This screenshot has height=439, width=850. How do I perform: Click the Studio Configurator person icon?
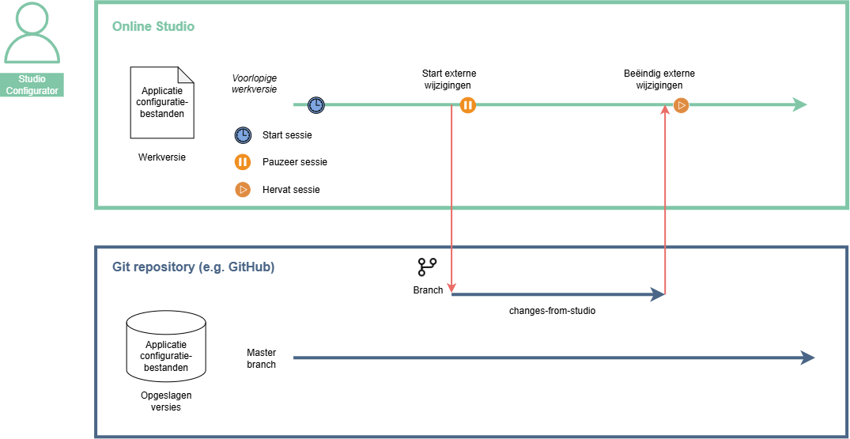pyautogui.click(x=32, y=32)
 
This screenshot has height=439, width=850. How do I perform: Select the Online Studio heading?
pyautogui.click(x=153, y=26)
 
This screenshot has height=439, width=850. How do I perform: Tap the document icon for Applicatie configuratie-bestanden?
pyautogui.click(x=162, y=102)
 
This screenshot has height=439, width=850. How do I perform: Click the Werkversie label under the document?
pyautogui.click(x=162, y=157)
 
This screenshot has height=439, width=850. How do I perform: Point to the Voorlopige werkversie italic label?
pyautogui.click(x=255, y=84)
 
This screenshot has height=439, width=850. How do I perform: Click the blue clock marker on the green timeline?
pyautogui.click(x=316, y=105)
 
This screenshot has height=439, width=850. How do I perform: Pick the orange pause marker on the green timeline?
pyautogui.click(x=468, y=105)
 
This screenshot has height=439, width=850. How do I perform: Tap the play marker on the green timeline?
pyautogui.click(x=682, y=105)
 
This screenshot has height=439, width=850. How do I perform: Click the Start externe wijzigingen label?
pyautogui.click(x=449, y=79)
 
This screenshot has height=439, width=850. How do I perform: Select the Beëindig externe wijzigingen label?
pyautogui.click(x=659, y=79)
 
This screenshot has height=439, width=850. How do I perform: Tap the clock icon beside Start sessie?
pyautogui.click(x=243, y=135)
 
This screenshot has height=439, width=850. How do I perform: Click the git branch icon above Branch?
pyautogui.click(x=427, y=267)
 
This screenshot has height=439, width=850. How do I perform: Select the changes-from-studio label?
pyautogui.click(x=553, y=311)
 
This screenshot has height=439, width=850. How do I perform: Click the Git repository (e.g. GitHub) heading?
pyautogui.click(x=194, y=267)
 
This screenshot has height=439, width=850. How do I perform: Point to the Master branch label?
pyautogui.click(x=261, y=358)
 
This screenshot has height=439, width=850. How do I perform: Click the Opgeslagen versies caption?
pyautogui.click(x=166, y=400)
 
